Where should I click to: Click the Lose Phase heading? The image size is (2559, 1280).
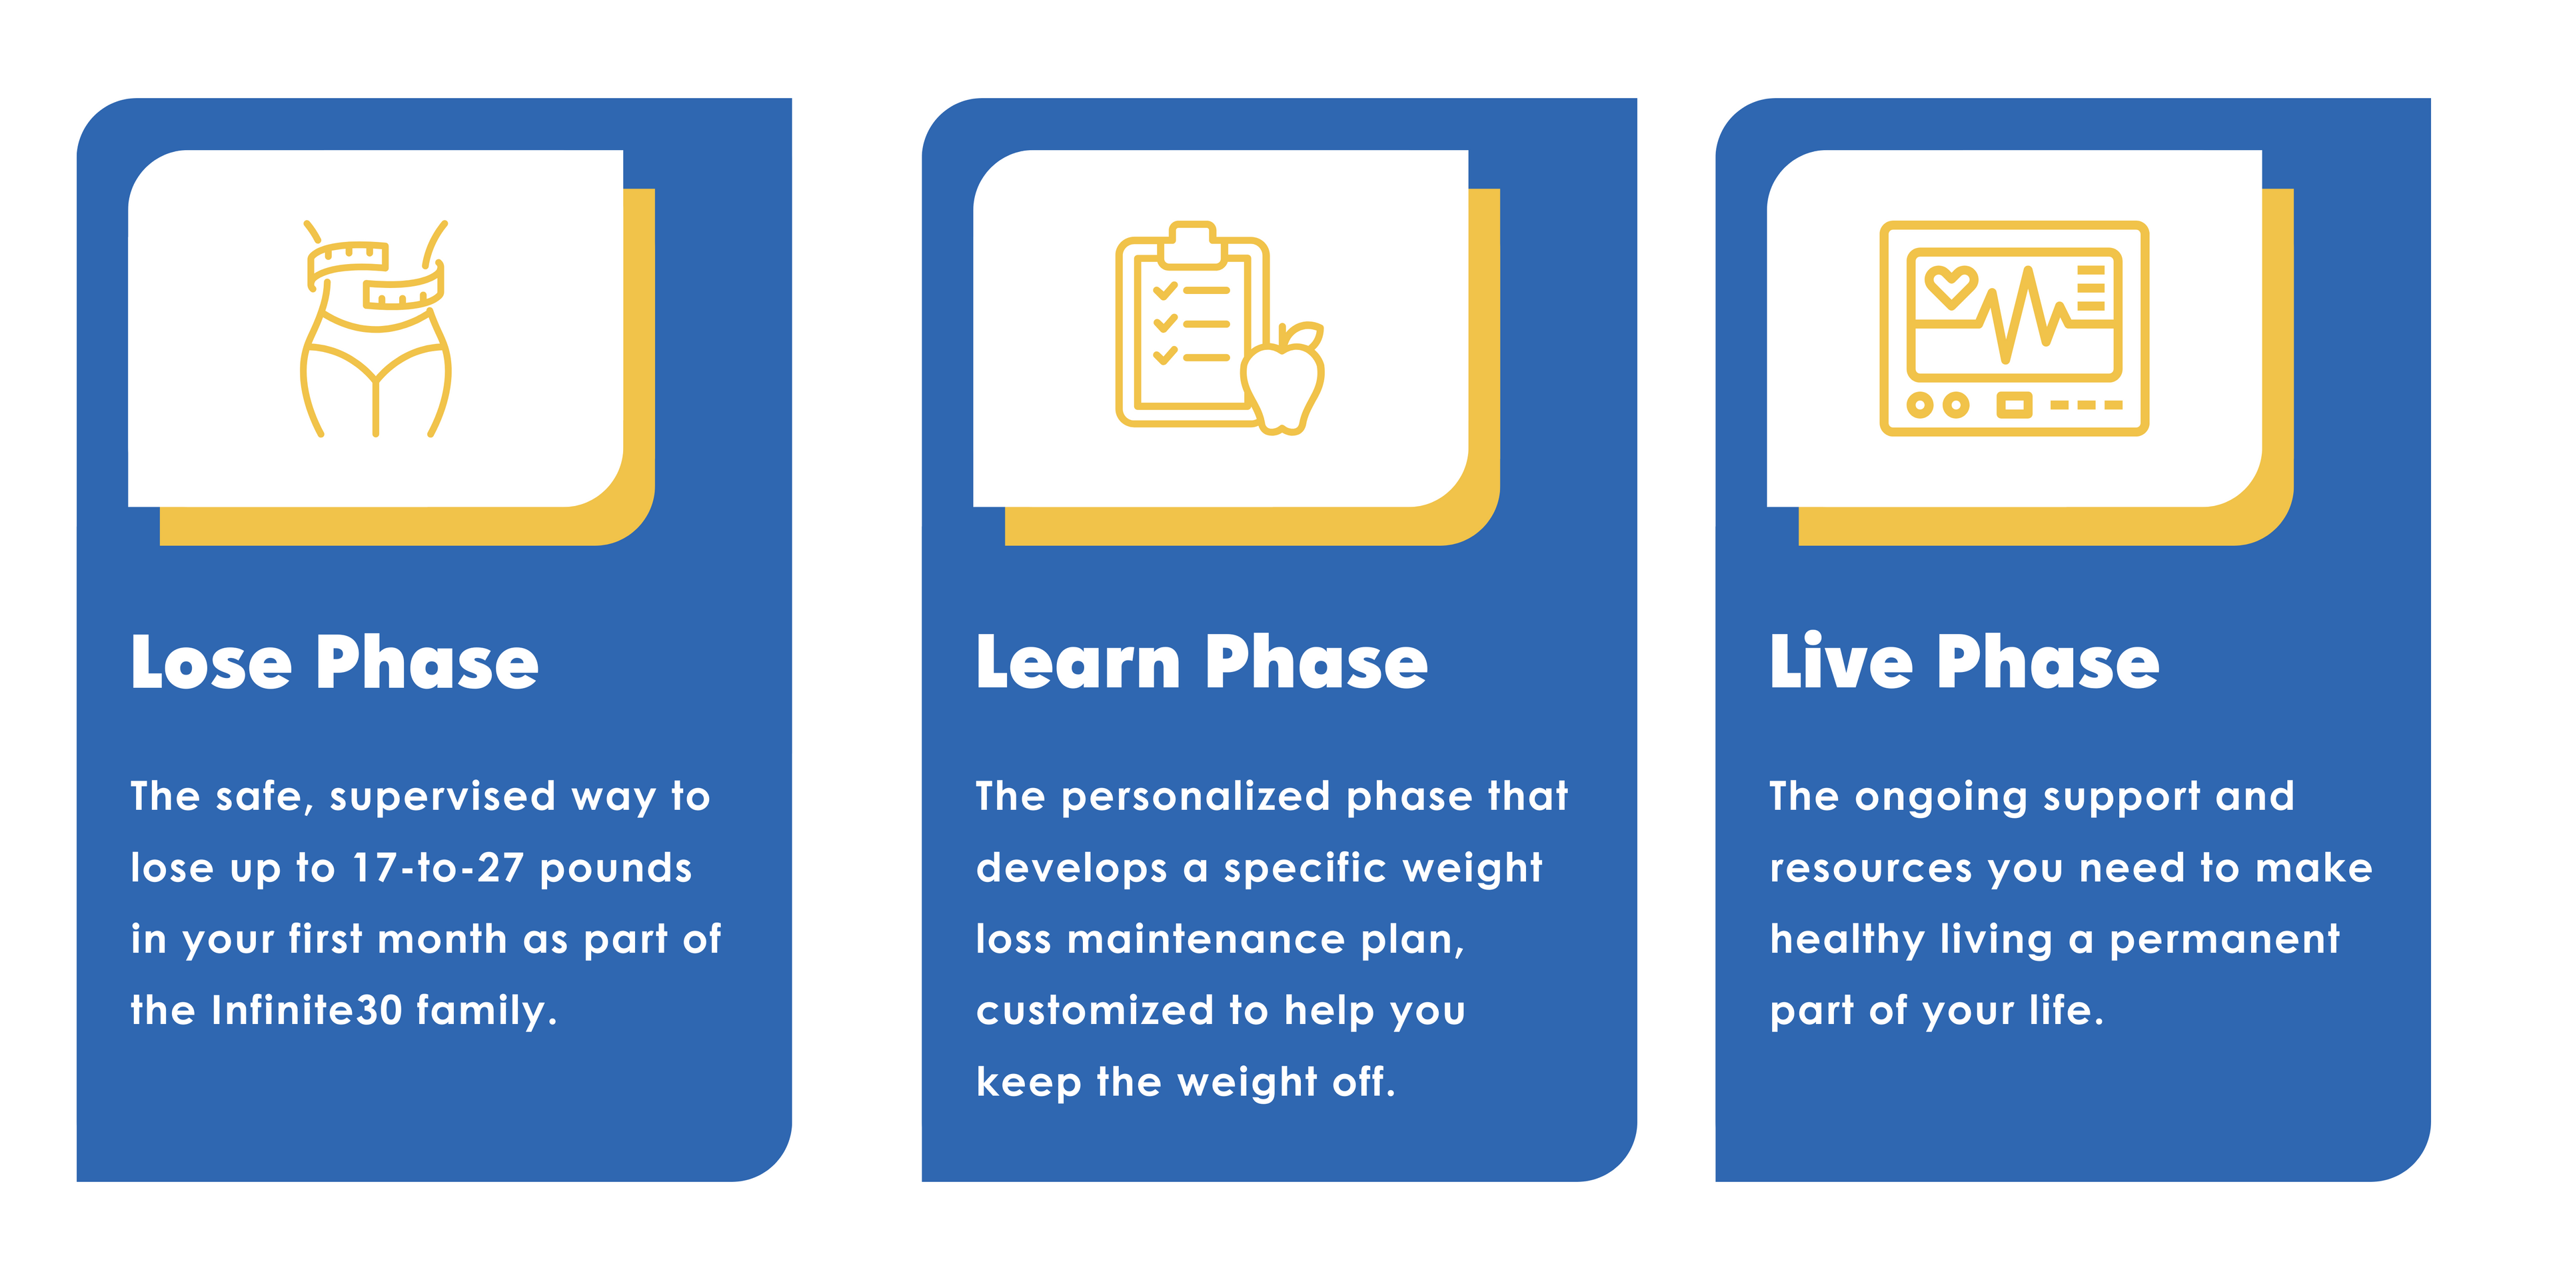pyautogui.click(x=334, y=662)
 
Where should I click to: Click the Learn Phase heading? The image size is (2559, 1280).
pyautogui.click(x=1202, y=662)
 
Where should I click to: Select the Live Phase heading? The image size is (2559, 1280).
pyautogui.click(x=1964, y=662)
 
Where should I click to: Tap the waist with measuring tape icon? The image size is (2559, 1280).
pyautogui.click(x=375, y=329)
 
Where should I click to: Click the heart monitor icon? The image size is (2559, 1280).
pyautogui.click(x=2014, y=328)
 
